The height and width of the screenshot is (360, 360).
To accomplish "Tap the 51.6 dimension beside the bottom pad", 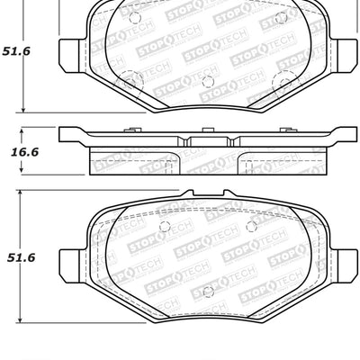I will [x=20, y=257].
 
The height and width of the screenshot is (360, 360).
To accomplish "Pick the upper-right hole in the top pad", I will [x=281, y=18].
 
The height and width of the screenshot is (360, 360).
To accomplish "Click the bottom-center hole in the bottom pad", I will [x=206, y=291].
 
